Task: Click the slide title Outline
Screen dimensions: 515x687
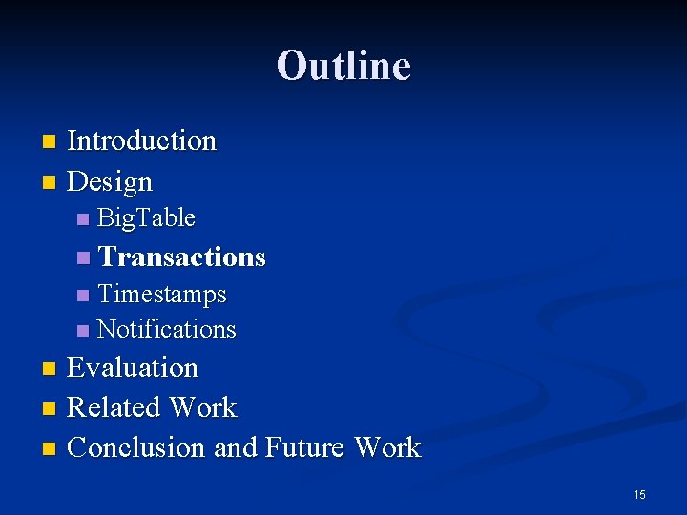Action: point(343,66)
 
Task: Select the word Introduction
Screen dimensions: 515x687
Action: point(142,141)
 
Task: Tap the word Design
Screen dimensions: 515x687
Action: point(110,181)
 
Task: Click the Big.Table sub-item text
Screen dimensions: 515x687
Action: point(146,218)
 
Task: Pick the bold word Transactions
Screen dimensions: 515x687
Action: point(181,257)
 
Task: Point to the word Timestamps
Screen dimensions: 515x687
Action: point(161,294)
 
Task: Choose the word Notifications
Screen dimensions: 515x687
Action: point(166,329)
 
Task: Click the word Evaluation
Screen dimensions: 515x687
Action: point(133,367)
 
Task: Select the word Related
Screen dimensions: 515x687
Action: point(113,407)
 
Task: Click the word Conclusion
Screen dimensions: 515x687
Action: point(136,447)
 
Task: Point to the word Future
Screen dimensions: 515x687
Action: point(305,447)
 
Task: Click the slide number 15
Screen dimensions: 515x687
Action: point(639,494)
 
